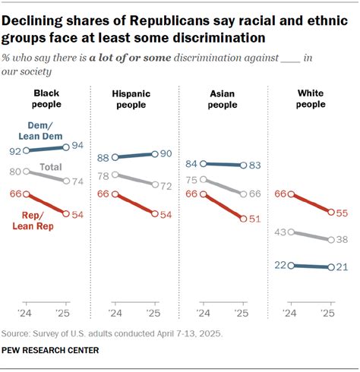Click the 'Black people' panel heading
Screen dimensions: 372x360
pyautogui.click(x=47, y=98)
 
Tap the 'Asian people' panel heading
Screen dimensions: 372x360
pyautogui.click(x=223, y=98)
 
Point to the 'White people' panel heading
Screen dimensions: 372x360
pyautogui.click(x=310, y=98)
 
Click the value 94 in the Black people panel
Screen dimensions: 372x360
pyautogui.click(x=77, y=146)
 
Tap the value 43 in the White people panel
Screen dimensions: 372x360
pyautogui.click(x=279, y=232)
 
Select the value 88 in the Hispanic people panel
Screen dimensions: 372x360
pyautogui.click(x=103, y=158)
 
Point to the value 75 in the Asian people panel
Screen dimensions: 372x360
pyautogui.click(x=191, y=180)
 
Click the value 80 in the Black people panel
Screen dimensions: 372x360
pyautogui.click(x=15, y=172)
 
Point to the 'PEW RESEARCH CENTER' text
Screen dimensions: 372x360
pyautogui.click(x=50, y=349)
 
